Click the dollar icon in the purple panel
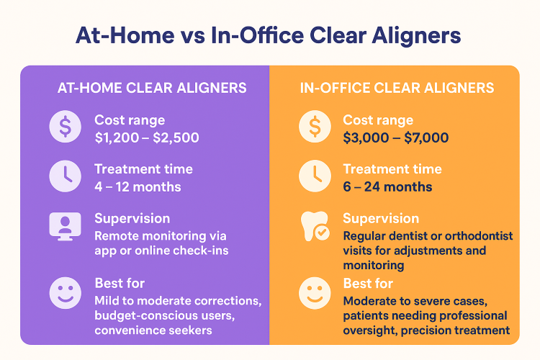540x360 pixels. (x=65, y=126)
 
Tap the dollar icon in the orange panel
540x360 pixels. (x=315, y=126)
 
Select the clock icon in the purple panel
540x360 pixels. (x=65, y=176)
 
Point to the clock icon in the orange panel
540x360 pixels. (x=315, y=176)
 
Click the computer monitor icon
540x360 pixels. (x=65, y=226)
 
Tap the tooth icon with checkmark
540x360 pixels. (x=315, y=226)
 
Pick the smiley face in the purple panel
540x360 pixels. (x=65, y=293)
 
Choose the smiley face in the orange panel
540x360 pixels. (x=315, y=293)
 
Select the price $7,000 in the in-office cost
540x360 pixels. (x=426, y=138)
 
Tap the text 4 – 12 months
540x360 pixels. (x=138, y=187)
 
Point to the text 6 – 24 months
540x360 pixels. (x=387, y=187)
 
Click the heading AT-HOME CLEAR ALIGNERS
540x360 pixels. (x=152, y=88)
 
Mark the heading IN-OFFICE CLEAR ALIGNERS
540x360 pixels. (x=397, y=88)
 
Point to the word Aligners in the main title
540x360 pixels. (x=416, y=36)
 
